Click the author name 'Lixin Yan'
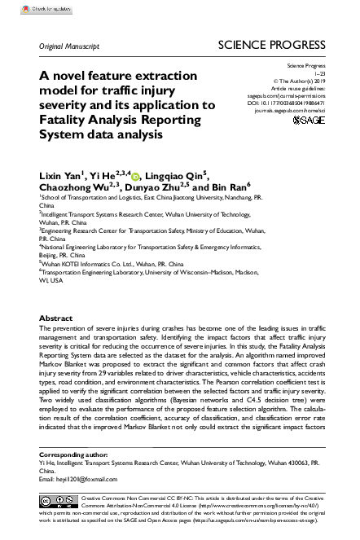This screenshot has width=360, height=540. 64,176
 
